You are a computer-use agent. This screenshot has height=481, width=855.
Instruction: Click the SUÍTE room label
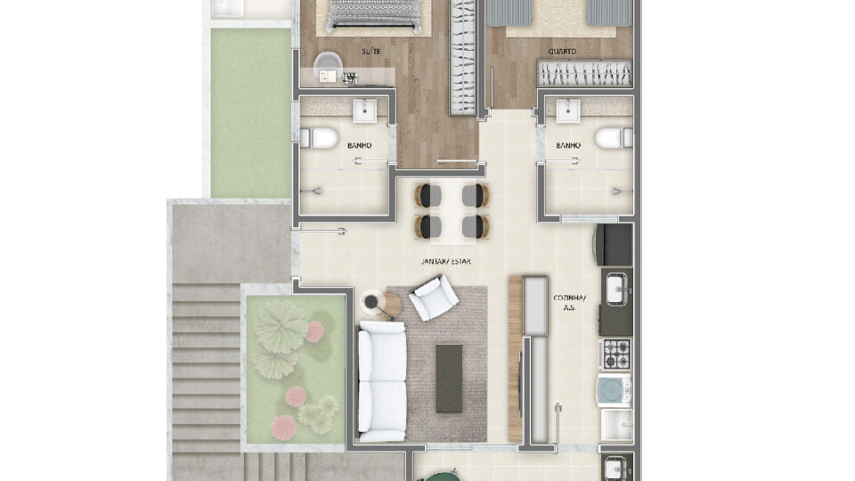(370, 52)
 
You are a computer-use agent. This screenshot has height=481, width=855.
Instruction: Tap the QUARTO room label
(562, 52)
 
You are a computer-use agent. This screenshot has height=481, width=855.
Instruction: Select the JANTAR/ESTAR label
(446, 261)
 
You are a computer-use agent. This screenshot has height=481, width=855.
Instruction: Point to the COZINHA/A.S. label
(569, 302)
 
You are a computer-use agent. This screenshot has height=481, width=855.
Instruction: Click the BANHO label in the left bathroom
(359, 145)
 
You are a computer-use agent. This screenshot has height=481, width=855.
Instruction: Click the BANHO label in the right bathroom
(568, 145)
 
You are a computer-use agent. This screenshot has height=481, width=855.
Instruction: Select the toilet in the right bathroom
(614, 138)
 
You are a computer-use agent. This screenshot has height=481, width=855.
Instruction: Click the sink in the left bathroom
(365, 110)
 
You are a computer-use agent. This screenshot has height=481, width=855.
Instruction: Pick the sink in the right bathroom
(568, 110)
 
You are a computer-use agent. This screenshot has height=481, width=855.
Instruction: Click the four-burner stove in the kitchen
(616, 354)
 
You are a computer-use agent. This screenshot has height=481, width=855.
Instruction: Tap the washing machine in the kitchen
(615, 390)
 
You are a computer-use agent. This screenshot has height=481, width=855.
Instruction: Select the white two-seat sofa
(382, 381)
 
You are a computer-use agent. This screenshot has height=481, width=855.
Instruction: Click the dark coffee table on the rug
(449, 379)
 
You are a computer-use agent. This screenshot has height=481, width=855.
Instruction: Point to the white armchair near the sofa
(434, 298)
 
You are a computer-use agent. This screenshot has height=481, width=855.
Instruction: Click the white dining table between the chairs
(452, 211)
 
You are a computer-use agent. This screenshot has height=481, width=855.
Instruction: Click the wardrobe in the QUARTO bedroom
(584, 74)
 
